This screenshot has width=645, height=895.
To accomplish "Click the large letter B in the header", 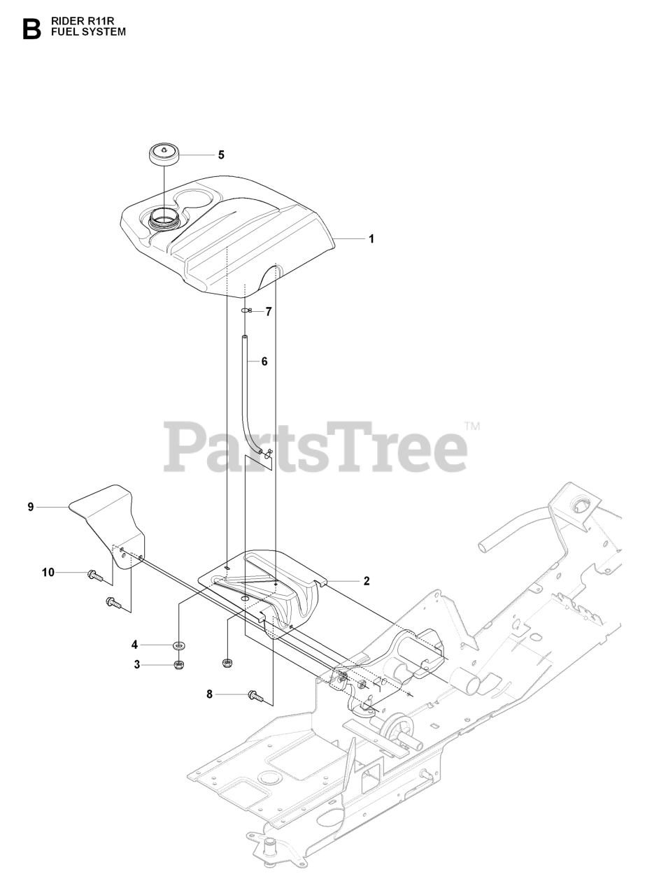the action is (x=32, y=29).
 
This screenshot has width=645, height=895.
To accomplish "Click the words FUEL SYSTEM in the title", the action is (x=88, y=32).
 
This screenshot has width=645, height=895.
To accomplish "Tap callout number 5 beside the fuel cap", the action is (x=221, y=155).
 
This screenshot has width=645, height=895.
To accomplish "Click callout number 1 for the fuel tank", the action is (x=371, y=238).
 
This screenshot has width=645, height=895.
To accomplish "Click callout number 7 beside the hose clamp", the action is (x=268, y=310).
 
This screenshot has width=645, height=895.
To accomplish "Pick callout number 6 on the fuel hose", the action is (x=264, y=361).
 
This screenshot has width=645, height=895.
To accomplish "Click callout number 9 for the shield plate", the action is (x=31, y=507).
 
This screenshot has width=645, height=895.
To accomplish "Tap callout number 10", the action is (x=48, y=573).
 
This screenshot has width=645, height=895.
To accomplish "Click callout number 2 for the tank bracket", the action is (x=367, y=580).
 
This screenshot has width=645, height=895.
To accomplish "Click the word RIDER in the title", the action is (x=66, y=22).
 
